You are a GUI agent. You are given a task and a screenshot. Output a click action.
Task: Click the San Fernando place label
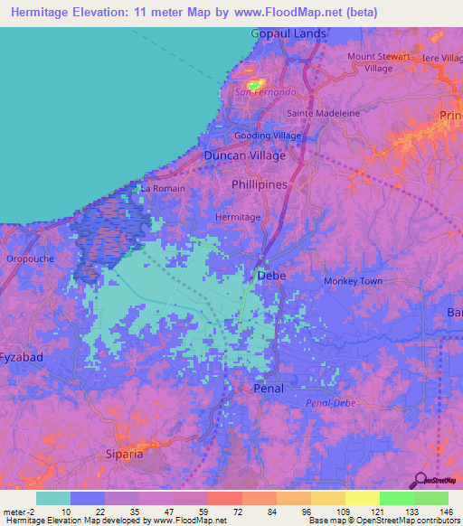[265, 92]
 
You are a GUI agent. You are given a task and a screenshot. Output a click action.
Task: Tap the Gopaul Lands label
[288, 33]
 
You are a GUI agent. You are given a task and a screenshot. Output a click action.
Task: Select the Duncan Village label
[244, 155]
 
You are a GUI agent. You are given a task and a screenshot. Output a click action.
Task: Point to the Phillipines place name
[260, 184]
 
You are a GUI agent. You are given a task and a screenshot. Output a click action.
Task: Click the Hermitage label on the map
[238, 217]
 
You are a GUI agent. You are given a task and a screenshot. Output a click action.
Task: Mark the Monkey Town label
[354, 281]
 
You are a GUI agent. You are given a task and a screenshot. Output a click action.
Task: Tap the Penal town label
[268, 389]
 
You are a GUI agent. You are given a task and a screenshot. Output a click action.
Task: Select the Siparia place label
[125, 454]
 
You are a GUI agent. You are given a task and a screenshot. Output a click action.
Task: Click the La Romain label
[163, 189]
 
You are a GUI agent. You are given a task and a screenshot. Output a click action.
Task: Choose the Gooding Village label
[268, 136]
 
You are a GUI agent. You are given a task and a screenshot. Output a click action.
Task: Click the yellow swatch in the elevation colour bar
[362, 498]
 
